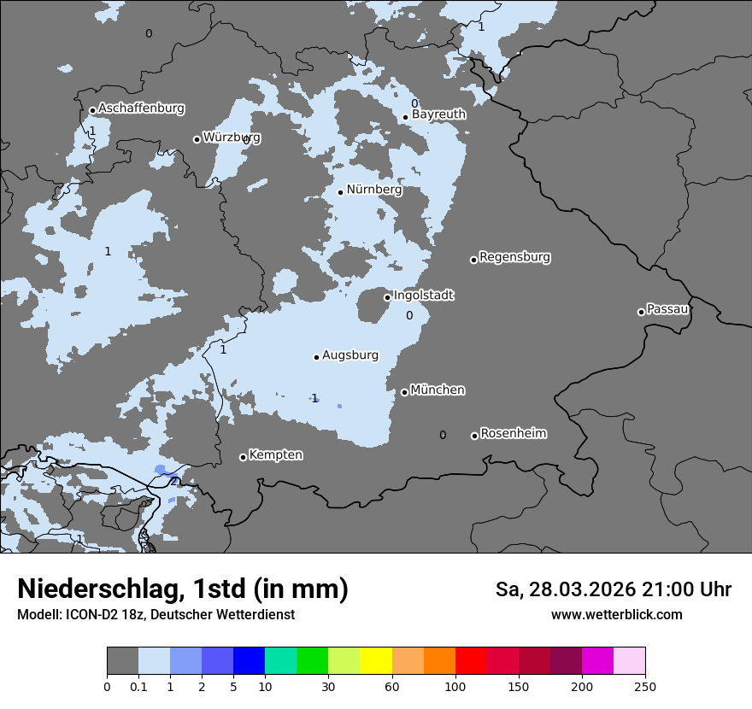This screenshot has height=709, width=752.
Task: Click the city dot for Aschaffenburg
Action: click(92, 110)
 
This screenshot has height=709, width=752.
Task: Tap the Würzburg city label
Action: click(232, 138)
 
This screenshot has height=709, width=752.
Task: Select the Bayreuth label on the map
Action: click(438, 114)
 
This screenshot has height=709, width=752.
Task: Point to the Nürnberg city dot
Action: click(340, 192)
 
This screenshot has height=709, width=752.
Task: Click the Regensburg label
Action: click(514, 257)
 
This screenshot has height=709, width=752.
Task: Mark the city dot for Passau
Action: click(641, 312)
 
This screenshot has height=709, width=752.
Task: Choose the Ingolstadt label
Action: click(423, 296)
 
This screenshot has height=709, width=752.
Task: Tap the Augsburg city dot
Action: click(316, 357)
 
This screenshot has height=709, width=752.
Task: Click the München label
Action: click(438, 390)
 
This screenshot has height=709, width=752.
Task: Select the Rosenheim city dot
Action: click(474, 436)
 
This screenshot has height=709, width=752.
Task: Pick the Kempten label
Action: click(275, 455)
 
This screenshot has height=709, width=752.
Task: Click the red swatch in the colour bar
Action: click(471, 661)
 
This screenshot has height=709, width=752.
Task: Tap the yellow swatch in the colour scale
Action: click(376, 661)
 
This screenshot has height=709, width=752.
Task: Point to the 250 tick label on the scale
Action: click(645, 687)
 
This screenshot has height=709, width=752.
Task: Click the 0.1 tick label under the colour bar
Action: click(138, 687)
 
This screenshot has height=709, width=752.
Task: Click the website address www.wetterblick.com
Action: click(616, 615)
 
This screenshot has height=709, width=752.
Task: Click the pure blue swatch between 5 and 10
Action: click(249, 661)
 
